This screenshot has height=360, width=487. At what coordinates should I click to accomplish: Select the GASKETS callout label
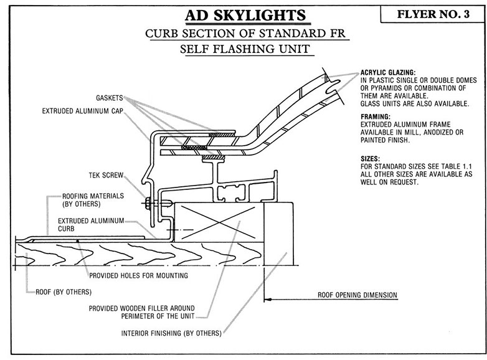109,98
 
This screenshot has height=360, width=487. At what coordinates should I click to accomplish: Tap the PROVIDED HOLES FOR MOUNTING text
138,275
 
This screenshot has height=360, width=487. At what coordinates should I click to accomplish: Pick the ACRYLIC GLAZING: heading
388,72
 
